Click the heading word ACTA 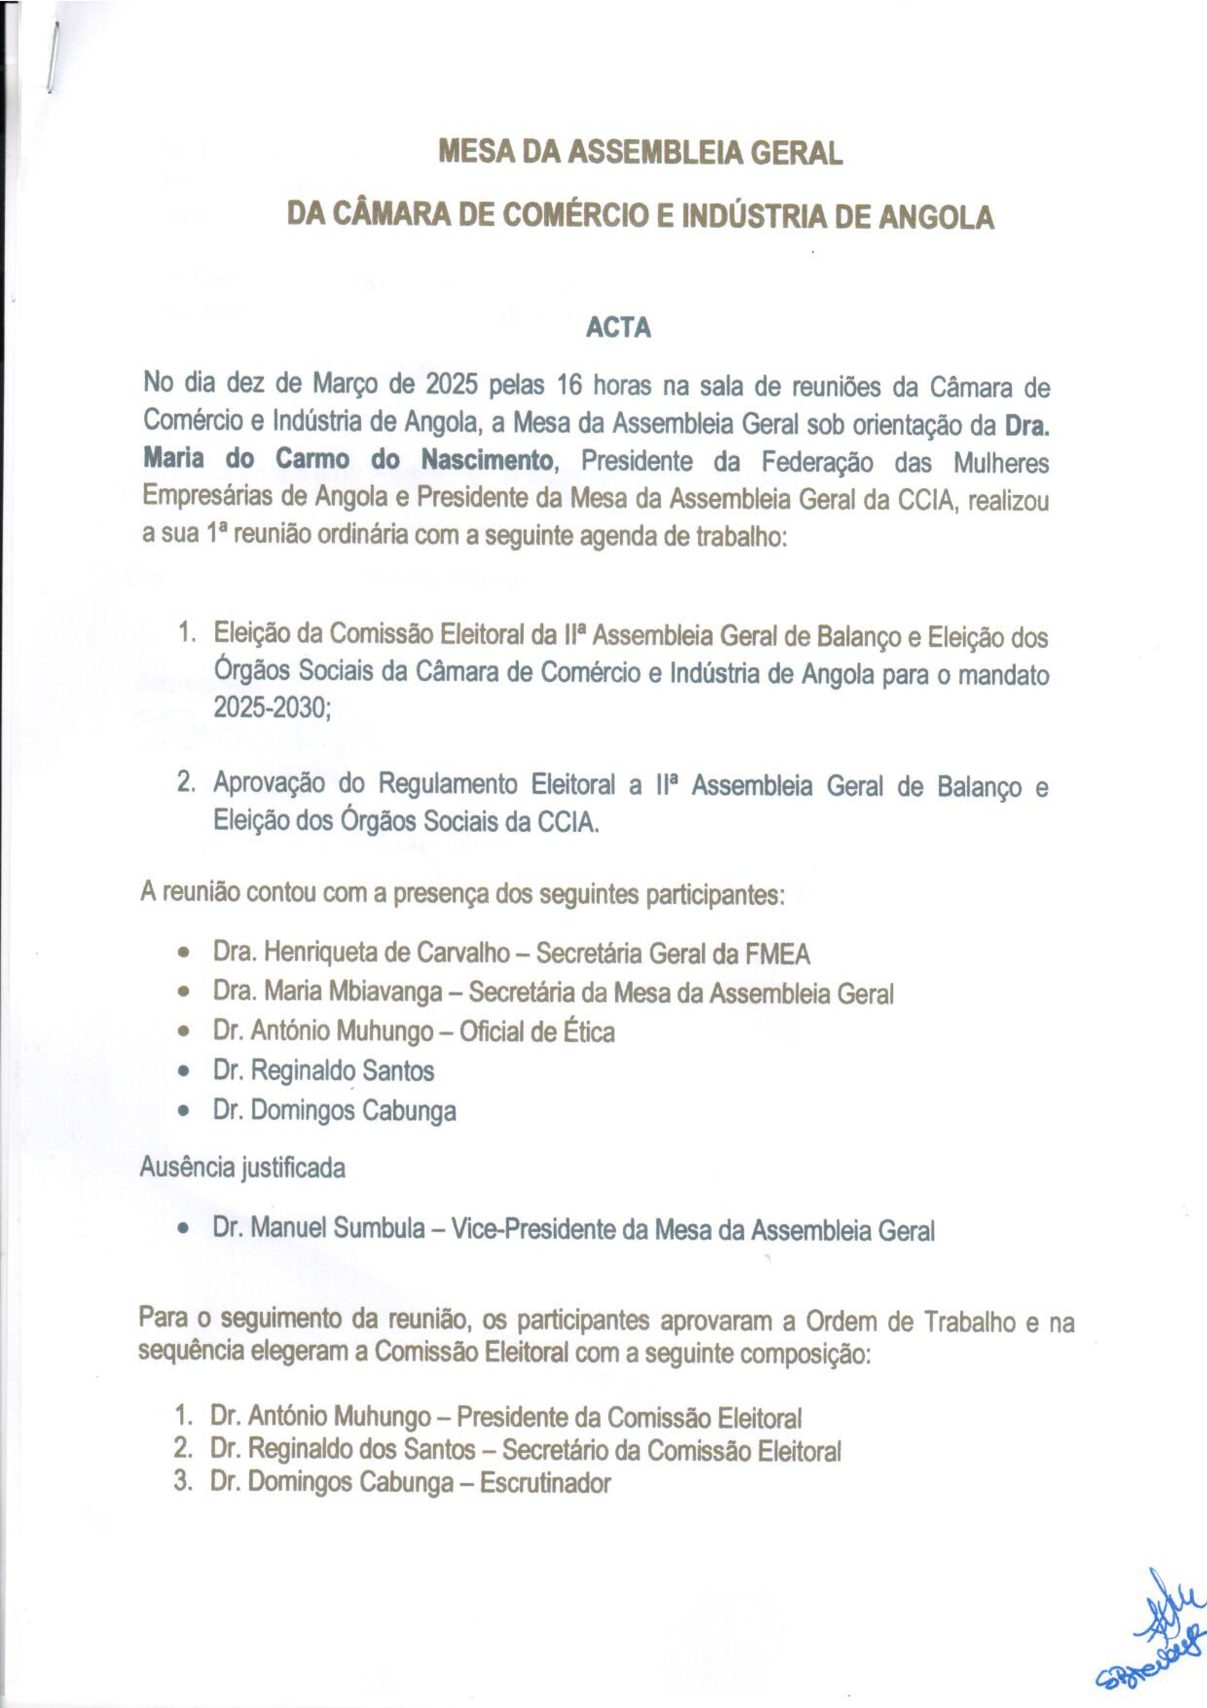pyautogui.click(x=618, y=328)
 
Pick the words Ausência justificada pyautogui.click(x=242, y=1168)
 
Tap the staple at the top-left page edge pyautogui.click(x=52, y=56)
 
